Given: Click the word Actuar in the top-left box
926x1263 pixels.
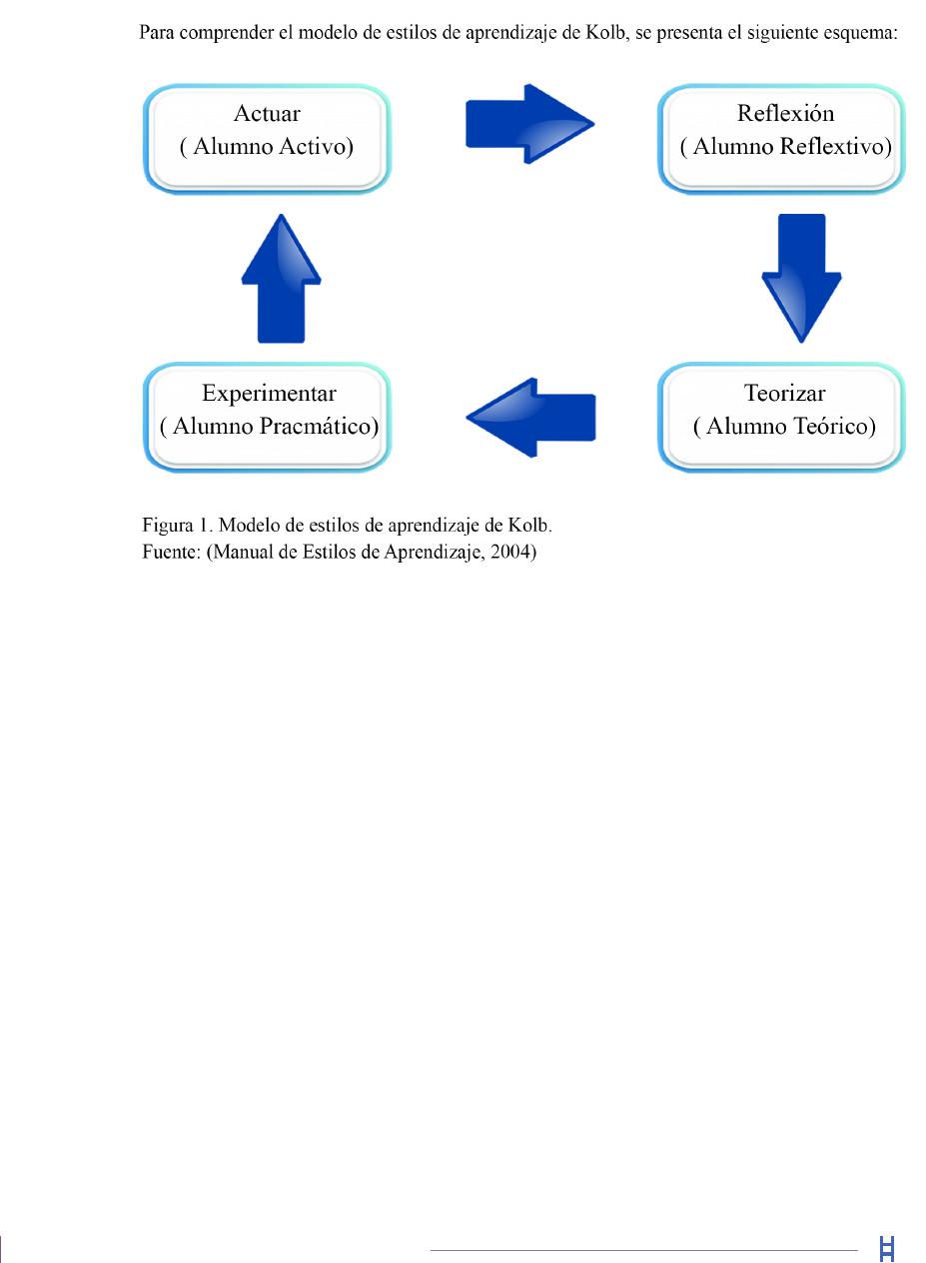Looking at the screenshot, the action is (x=267, y=113).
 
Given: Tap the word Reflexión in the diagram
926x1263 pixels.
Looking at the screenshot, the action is (x=786, y=113).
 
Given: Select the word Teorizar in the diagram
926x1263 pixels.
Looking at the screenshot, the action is (x=785, y=393).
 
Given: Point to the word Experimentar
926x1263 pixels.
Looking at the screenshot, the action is (x=269, y=394).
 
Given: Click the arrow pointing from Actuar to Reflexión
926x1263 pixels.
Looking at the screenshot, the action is (x=529, y=124).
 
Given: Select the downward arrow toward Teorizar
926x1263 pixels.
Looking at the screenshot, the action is (x=801, y=278).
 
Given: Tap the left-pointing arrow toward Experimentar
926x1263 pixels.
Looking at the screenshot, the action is (x=530, y=418).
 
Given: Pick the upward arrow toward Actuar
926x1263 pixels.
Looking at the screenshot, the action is (x=282, y=279).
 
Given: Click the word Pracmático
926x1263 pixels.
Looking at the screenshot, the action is (x=319, y=426).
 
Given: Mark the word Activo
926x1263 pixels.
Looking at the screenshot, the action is (x=317, y=147).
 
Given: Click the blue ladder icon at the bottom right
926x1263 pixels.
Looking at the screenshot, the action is (x=887, y=1248).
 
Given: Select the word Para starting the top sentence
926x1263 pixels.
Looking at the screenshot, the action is (x=157, y=33).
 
